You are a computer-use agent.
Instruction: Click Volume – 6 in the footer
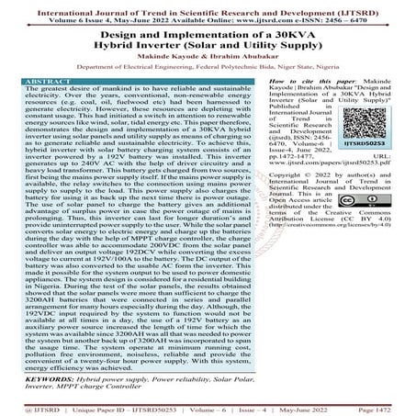click(192, 409)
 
